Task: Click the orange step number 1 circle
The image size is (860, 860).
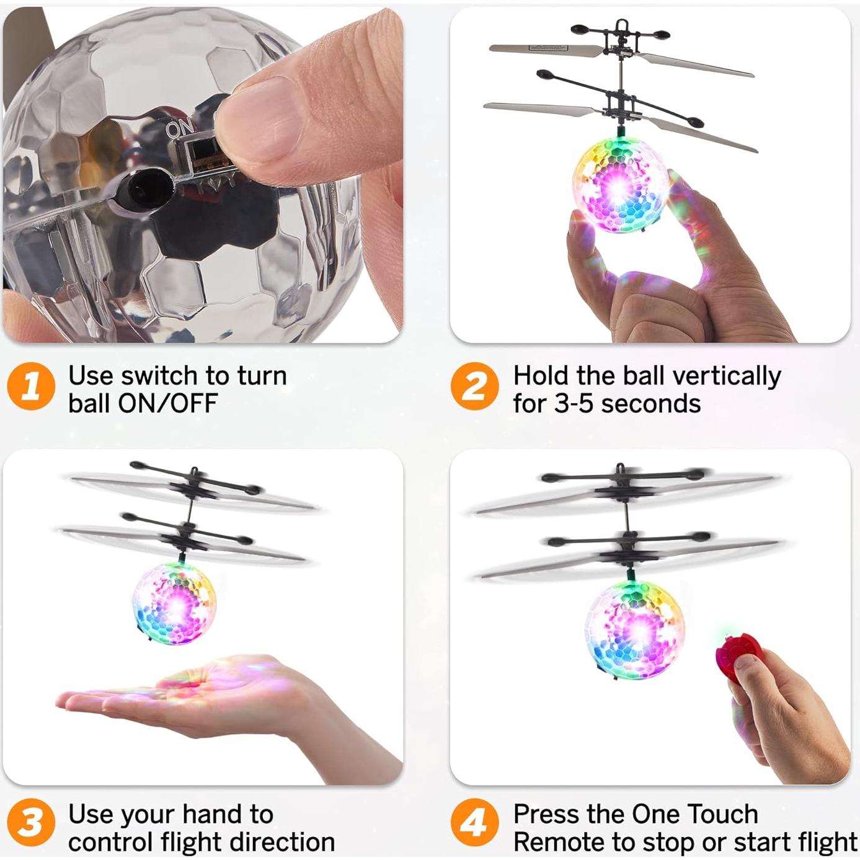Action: [x=31, y=386]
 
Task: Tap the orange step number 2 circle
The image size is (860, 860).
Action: [x=474, y=386]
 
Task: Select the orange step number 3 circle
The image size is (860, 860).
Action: [x=31, y=823]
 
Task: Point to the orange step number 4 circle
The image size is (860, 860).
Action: [x=474, y=823]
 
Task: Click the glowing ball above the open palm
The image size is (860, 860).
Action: [x=174, y=603]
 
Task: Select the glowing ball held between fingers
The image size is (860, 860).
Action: [x=620, y=185]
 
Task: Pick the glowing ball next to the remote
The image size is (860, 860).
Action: [x=634, y=629]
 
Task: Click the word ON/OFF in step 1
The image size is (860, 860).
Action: [x=167, y=404]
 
